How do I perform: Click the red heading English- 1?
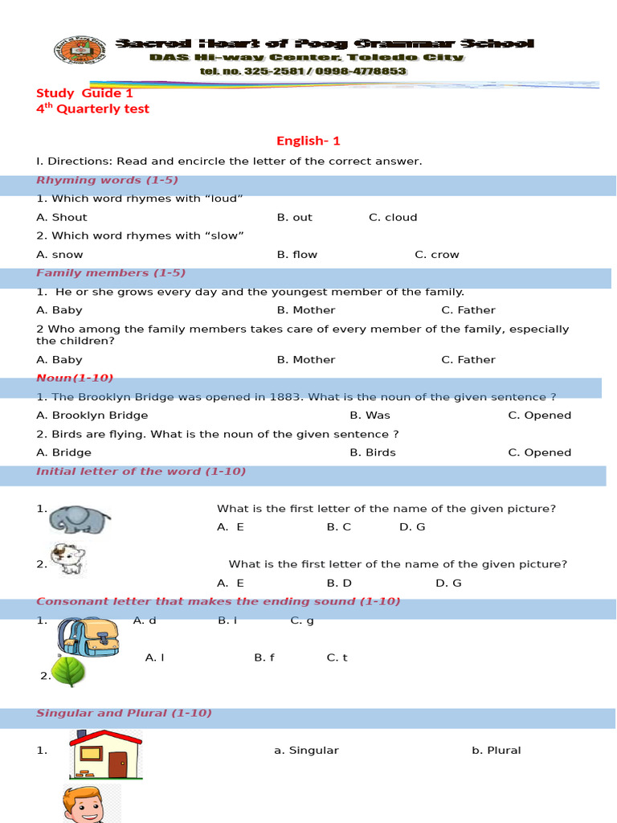308,141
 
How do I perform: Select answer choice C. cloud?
393,217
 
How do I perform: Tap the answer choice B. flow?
297,254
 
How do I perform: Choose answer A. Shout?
62,217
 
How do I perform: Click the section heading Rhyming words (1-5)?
107,180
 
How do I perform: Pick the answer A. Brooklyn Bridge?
92,415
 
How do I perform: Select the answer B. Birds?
373,452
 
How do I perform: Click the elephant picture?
77,519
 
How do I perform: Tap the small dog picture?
67,559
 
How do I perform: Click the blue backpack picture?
88,637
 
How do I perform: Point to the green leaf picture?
68,671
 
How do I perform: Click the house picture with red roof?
105,755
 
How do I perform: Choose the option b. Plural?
496,750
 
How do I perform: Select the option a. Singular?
306,750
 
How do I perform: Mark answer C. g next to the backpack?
302,620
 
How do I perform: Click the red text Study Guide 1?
84,93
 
